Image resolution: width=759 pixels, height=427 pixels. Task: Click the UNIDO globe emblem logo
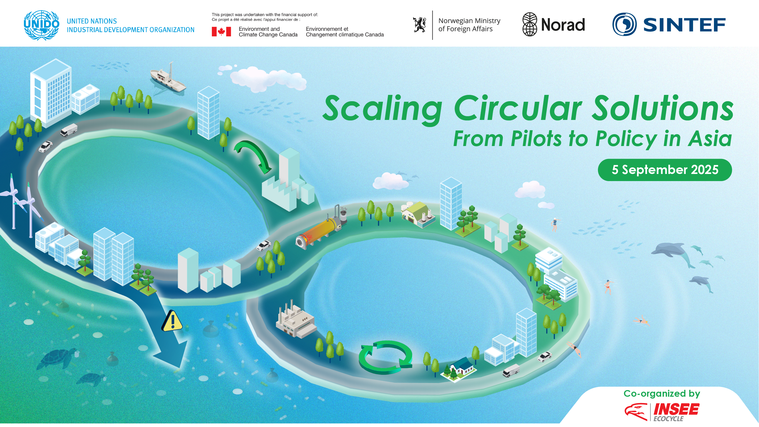point(42,25)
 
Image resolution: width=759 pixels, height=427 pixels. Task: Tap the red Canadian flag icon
point(221,32)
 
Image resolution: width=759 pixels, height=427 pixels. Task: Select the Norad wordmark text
point(563,25)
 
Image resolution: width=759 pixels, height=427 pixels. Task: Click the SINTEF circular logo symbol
point(624,24)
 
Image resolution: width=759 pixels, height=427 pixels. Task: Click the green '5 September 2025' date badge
point(665,170)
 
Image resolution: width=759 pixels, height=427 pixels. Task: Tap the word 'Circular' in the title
point(518,109)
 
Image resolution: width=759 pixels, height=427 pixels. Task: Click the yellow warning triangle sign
point(172,322)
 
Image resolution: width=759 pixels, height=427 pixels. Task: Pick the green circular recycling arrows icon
point(386,357)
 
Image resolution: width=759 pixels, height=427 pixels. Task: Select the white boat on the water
point(168,79)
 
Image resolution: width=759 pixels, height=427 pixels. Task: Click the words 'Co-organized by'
point(662,394)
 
